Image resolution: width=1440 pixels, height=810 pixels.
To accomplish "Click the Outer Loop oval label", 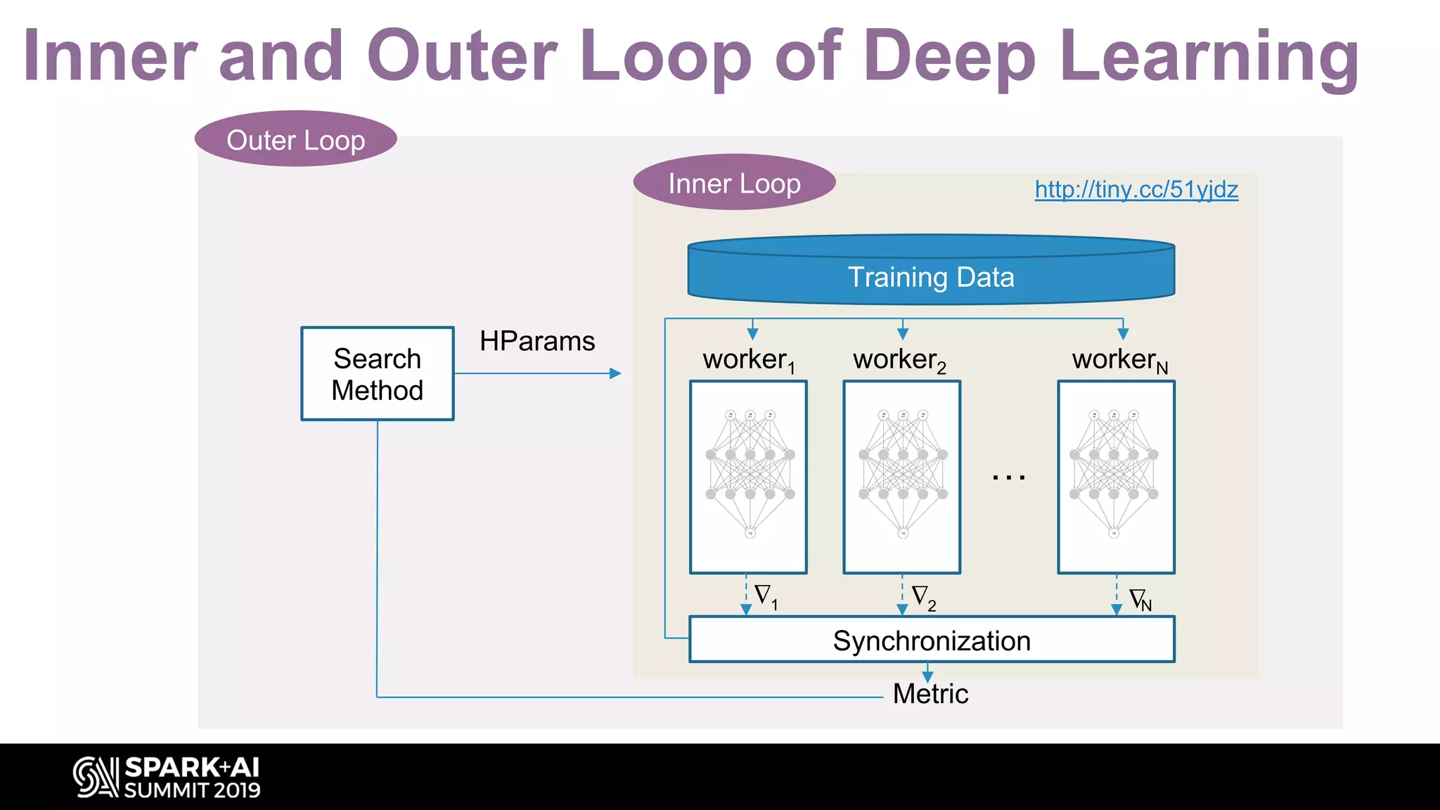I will click(x=295, y=139).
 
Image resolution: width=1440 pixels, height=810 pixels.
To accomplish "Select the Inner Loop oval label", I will click(x=734, y=183).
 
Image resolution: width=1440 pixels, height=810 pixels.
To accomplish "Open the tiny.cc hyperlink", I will click(x=1136, y=189).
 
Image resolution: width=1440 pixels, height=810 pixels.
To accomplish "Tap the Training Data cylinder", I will click(x=931, y=276).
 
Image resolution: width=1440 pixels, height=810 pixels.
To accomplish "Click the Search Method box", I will click(x=378, y=374).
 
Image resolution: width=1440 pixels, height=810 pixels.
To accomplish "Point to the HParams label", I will click(x=537, y=341).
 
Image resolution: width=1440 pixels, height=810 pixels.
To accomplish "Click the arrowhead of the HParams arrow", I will click(x=615, y=373).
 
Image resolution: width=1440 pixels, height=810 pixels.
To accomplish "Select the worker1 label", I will click(x=748, y=360).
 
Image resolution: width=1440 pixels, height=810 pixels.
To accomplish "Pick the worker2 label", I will click(x=899, y=360).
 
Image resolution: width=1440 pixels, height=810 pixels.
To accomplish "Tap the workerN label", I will click(x=1119, y=360).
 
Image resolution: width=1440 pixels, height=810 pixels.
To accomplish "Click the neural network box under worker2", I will click(x=902, y=477).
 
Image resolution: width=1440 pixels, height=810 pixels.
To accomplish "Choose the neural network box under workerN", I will click(x=1116, y=477).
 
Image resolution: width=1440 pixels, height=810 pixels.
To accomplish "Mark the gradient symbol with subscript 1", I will click(x=765, y=596).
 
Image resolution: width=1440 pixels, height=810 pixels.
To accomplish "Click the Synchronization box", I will click(x=932, y=640).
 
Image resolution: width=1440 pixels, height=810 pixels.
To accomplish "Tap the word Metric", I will click(x=930, y=694).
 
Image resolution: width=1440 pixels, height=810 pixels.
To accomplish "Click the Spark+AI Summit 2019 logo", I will click(x=167, y=777).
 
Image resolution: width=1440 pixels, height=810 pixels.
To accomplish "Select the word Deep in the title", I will click(x=949, y=56).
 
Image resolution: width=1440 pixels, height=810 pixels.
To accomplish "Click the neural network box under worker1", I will click(x=748, y=477).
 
